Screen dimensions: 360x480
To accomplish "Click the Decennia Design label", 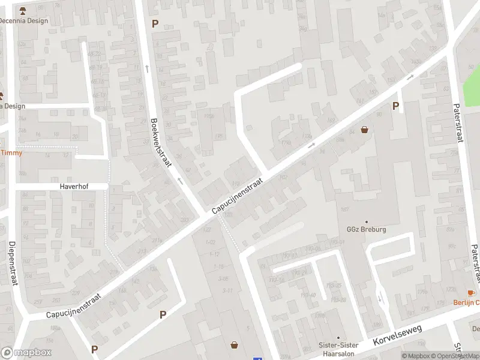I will click(x=23, y=21).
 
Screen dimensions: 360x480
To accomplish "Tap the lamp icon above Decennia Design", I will click(x=23, y=11).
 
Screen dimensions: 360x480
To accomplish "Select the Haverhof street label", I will click(x=74, y=187).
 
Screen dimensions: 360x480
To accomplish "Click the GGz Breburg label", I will click(x=366, y=229).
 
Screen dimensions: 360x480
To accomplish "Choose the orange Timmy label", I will click(x=11, y=152).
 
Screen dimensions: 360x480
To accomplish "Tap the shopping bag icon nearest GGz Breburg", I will click(x=364, y=130).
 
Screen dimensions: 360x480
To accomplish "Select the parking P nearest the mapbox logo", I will click(x=94, y=349).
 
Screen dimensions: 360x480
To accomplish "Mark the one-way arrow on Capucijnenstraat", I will click(x=311, y=145).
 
